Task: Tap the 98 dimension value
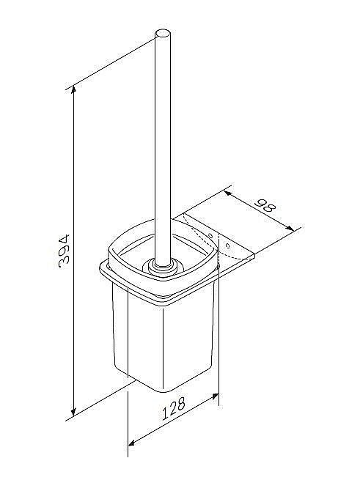click(x=265, y=206)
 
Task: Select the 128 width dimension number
click(x=174, y=409)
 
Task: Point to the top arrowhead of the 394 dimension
click(x=73, y=90)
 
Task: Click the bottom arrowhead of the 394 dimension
click(x=73, y=412)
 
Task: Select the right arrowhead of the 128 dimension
click(x=214, y=396)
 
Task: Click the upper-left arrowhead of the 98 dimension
click(x=228, y=193)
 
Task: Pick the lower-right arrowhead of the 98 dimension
click(x=290, y=227)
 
